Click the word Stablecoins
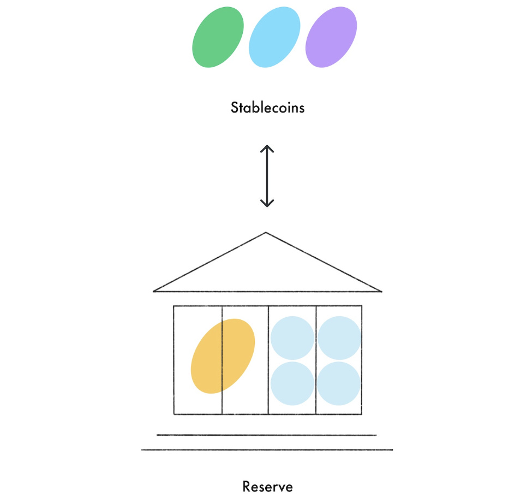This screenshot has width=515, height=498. pos(267,107)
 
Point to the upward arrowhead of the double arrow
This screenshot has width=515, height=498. pos(266,148)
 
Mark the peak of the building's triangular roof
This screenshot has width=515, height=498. pos(266,233)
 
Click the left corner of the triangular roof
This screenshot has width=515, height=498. pos(154,291)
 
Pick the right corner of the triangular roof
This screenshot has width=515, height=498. pos(380,291)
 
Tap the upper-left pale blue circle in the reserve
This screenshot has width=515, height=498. pos(292,337)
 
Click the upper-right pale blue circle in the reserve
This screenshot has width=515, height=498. pos(339,337)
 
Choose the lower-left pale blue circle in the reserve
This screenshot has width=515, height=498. pos(292,383)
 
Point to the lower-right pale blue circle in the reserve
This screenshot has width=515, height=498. pos(339,383)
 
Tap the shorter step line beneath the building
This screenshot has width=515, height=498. pos(266,435)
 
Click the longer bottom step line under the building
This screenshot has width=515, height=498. pos(266,450)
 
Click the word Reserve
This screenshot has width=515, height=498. pos(267,486)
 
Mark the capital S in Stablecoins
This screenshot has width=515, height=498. pos(235,107)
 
